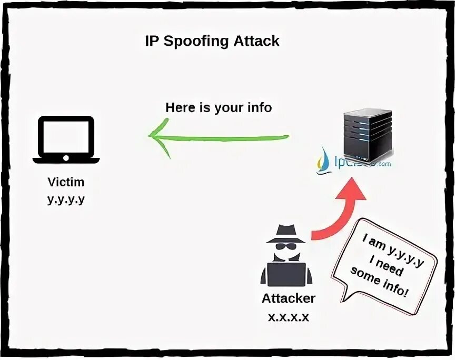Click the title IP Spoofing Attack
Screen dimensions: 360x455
click(x=212, y=42)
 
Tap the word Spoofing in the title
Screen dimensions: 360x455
click(x=195, y=42)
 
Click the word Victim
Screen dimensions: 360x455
click(x=66, y=183)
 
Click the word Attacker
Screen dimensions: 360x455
click(x=289, y=298)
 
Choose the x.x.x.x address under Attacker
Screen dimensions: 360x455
click(x=288, y=317)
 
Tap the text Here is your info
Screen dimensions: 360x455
click(x=219, y=108)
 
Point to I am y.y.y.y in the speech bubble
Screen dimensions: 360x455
click(x=392, y=252)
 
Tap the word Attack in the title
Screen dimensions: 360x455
click(x=258, y=42)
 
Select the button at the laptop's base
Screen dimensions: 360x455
click(x=66, y=158)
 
